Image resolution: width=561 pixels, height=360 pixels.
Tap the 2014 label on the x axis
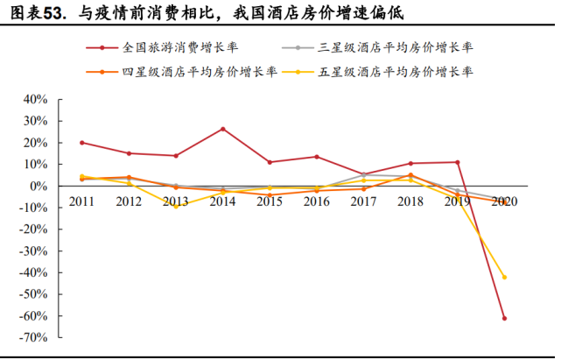223,201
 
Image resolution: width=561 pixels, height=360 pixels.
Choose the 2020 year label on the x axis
504,201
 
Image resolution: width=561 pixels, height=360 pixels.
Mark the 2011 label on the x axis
81,201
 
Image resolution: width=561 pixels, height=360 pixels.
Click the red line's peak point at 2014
223,129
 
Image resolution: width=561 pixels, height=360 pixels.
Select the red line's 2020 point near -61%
505,318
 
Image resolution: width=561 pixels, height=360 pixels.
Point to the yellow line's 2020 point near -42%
505,277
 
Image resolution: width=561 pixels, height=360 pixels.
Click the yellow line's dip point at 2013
176,206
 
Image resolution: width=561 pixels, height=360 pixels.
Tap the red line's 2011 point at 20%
81,143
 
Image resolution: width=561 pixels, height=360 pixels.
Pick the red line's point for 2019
458,162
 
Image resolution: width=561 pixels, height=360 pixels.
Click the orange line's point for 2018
410,175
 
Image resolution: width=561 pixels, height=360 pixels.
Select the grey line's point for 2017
363,174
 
